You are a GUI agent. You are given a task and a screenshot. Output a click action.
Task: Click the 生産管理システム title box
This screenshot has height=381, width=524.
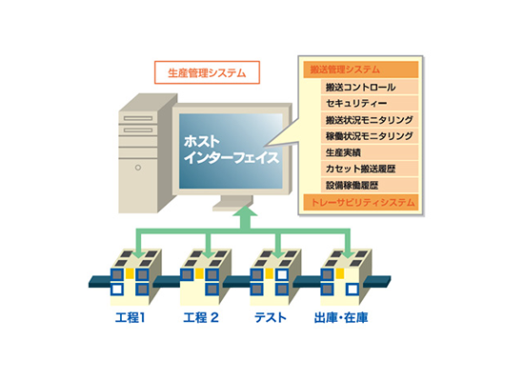coord(207,72)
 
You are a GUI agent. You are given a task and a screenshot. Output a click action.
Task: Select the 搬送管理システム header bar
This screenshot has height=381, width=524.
coord(360,70)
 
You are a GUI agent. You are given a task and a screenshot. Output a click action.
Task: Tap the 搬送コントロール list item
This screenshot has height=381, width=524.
coord(370,88)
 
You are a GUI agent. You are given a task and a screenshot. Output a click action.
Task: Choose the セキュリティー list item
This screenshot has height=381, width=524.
coord(370,103)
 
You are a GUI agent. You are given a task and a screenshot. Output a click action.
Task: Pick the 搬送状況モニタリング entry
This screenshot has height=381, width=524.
coord(370,120)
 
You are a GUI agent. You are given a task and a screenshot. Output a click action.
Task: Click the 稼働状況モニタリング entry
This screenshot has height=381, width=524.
coord(370,136)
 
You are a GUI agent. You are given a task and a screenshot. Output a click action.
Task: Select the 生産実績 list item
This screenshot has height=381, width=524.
coord(370,152)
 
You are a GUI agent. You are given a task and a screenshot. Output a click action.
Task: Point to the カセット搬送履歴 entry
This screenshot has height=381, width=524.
coord(370,169)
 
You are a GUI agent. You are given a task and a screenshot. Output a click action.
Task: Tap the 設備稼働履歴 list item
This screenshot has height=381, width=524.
coord(370,185)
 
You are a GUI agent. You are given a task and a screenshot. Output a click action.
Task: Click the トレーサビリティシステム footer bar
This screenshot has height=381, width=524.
coord(360,202)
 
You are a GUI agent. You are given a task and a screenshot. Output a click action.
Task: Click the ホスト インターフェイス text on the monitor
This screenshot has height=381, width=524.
coord(231,150)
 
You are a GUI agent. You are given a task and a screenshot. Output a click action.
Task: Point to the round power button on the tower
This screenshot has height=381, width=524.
coord(138,168)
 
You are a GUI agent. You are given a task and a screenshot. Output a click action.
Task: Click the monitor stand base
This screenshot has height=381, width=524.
coord(232,206)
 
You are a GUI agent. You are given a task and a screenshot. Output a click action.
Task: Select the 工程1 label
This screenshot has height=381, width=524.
coord(130,317)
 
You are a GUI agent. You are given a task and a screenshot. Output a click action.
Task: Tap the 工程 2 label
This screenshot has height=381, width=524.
coord(201,317)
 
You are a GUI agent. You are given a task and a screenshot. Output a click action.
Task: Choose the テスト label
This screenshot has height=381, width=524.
coord(271,317)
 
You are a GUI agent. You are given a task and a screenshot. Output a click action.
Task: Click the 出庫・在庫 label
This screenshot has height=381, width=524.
coord(341,317)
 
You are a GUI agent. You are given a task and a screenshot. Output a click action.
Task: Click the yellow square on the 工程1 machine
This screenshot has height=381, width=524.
coord(130,274)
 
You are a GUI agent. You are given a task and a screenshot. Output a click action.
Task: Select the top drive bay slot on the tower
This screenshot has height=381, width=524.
coord(138,118)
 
